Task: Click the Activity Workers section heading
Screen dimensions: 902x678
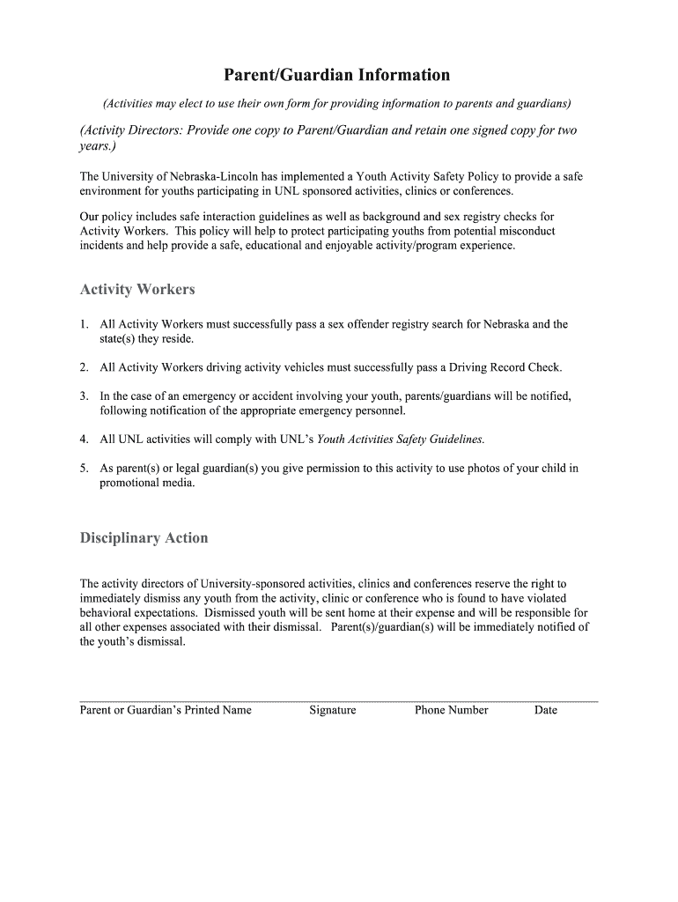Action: [x=137, y=289]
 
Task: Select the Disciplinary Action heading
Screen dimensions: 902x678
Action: [x=144, y=537]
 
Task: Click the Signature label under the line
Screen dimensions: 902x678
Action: [x=333, y=710]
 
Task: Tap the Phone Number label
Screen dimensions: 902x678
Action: [x=451, y=710]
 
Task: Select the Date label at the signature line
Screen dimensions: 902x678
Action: [x=546, y=710]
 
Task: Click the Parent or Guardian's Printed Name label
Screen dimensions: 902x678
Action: [x=166, y=710]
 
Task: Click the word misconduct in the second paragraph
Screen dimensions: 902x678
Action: [x=525, y=231]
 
